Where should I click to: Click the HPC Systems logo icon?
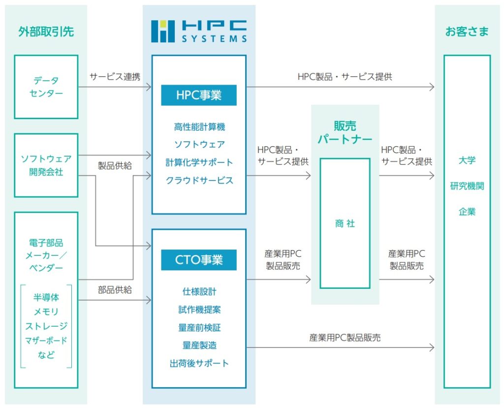(x=162, y=31)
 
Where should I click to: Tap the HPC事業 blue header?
(x=199, y=95)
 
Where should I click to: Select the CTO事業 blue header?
(x=199, y=260)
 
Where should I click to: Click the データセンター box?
(x=46, y=87)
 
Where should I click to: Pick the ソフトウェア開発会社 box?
(x=46, y=165)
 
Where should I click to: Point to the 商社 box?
(x=345, y=223)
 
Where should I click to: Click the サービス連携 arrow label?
(x=115, y=77)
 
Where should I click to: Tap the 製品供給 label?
(x=115, y=165)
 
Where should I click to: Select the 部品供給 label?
(x=115, y=290)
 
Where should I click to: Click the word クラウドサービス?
(x=199, y=180)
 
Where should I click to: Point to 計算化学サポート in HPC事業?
(x=199, y=162)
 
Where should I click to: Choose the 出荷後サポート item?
(x=199, y=363)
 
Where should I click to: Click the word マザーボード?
(x=46, y=340)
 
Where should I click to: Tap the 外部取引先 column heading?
(x=46, y=32)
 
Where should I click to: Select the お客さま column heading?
(x=467, y=32)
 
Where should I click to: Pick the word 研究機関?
(x=467, y=186)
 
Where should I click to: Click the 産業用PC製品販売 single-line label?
(x=345, y=338)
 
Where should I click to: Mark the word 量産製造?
(x=199, y=345)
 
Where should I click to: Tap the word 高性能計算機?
(x=199, y=127)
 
